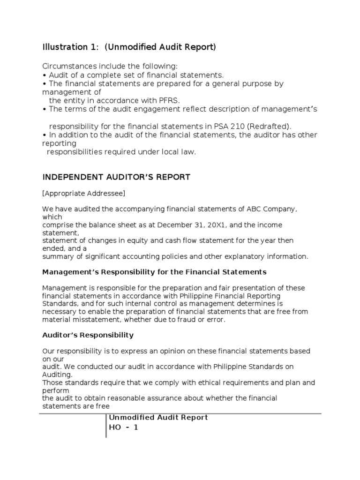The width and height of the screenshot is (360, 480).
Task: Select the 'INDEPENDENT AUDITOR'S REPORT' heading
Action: click(116, 177)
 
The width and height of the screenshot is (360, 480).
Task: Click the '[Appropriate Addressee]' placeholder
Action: click(84, 193)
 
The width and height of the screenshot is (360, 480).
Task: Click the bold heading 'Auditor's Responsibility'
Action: click(88, 335)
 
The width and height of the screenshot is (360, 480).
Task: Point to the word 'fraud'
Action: click(189, 320)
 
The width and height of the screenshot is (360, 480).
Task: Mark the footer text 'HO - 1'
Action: click(124, 427)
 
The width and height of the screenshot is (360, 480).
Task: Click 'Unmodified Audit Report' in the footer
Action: click(158, 418)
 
